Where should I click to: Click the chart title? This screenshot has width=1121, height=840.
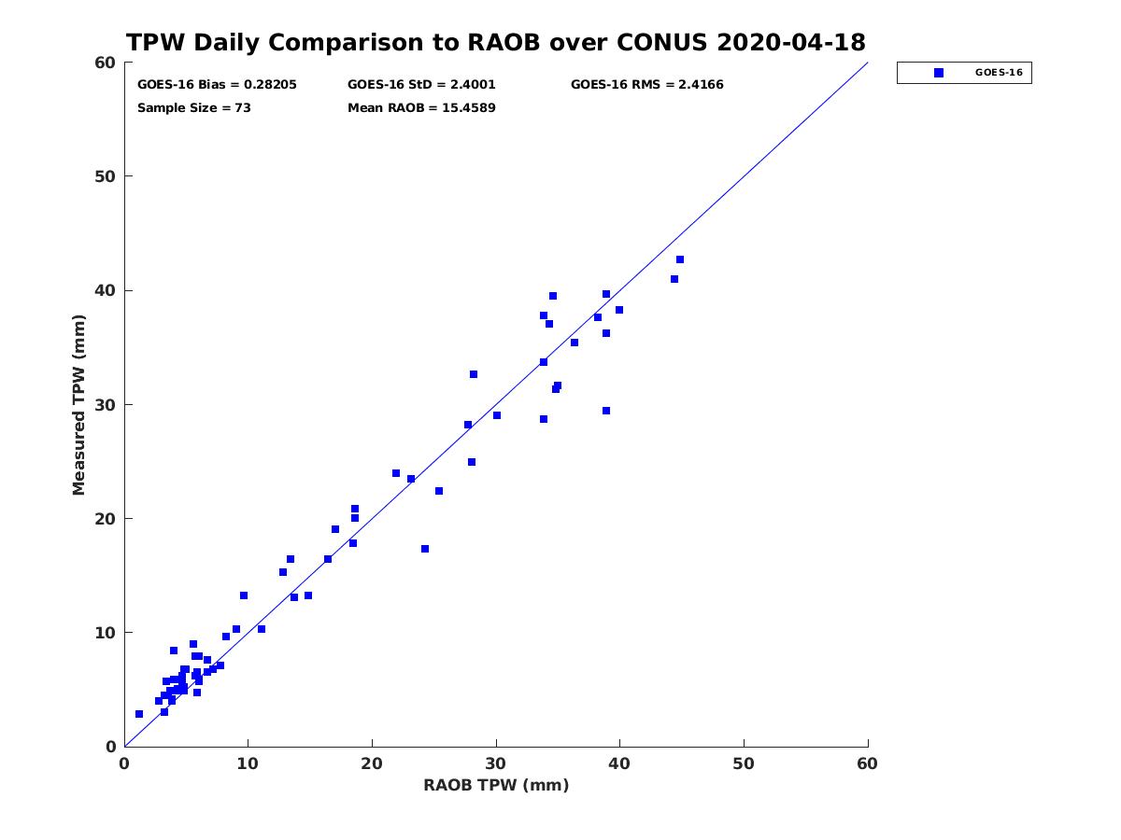coord(495,42)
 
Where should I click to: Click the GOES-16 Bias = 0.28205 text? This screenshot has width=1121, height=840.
coord(217,85)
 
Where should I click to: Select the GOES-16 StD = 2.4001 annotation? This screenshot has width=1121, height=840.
coord(421,85)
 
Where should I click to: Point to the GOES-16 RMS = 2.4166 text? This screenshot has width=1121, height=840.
coord(646,85)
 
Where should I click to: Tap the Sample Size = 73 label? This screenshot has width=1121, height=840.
coord(194,108)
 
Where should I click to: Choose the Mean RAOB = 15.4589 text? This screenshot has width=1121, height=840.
coord(421,108)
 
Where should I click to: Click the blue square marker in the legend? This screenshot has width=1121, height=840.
coord(939,73)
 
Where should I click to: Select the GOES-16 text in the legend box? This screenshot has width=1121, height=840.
coord(999,73)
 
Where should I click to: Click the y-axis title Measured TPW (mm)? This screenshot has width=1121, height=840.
coord(78,405)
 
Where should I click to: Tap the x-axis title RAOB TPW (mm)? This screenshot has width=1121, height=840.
coord(496,785)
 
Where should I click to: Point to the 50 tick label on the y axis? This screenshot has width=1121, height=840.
coord(106,176)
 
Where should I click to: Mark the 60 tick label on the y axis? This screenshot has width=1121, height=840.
coord(106,63)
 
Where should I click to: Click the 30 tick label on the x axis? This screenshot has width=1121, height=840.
coord(496,763)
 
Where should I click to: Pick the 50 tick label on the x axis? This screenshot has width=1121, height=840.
coord(744,763)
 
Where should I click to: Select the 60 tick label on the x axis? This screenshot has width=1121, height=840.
coord(867,763)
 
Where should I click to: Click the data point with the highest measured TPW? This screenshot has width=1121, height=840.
coord(680,259)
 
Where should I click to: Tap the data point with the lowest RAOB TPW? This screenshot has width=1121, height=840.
coord(139,714)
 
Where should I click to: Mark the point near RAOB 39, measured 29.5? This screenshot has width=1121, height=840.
coord(606,411)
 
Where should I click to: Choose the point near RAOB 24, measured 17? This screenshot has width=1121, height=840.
coord(425,549)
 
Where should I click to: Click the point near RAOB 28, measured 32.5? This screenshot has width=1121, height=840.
coord(474,374)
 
